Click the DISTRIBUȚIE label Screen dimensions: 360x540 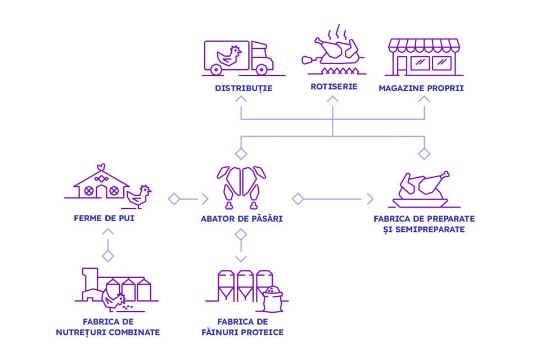243,88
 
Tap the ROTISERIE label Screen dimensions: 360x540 332,87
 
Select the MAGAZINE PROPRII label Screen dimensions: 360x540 421,88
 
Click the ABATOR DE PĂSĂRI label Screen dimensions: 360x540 241,218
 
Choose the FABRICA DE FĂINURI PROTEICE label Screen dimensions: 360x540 242,327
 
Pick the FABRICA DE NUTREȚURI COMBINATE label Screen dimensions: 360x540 107,327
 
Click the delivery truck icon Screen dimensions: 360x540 238,57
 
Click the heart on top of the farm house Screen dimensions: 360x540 101,166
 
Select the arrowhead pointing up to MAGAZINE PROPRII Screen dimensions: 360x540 425,100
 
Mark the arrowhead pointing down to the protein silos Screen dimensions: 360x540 241,258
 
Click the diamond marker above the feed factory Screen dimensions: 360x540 108,256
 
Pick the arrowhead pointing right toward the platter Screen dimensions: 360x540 370,199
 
